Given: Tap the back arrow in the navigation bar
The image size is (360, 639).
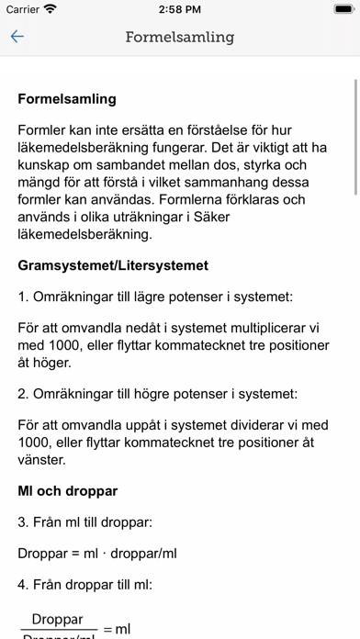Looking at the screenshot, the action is click(17, 38).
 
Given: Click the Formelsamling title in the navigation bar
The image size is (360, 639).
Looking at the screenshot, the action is click(180, 38).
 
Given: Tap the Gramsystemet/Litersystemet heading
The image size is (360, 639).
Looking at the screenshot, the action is click(113, 265).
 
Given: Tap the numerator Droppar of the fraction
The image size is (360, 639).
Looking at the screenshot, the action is click(58, 620).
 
